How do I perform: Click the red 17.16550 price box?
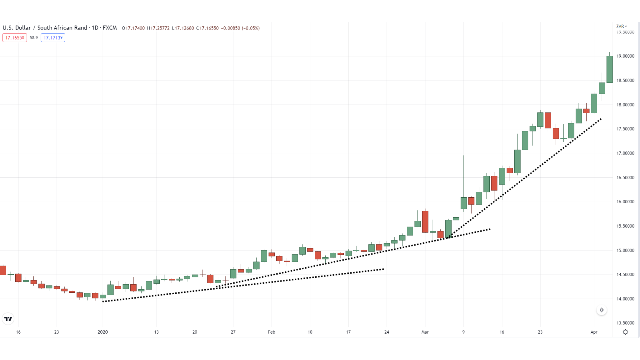coord(15,38)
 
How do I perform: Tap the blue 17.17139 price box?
coord(53,38)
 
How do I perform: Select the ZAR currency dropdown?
coord(621,26)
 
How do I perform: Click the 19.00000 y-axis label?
coord(625,56)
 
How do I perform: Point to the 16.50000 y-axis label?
coord(625,178)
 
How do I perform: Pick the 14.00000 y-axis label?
coord(625,299)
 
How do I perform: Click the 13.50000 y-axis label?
coord(625,323)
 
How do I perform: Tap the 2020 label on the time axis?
coord(103,332)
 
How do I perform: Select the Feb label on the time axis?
coord(271,332)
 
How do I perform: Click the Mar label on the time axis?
coord(425,332)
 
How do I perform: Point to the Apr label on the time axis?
coord(594,332)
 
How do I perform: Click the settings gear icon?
coord(625,332)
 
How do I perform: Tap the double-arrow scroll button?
coord(602,310)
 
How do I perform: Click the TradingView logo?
coord(8,319)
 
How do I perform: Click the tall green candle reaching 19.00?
coord(609,69)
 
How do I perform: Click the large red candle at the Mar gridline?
coord(425,222)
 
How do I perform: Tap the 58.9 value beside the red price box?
coord(34,38)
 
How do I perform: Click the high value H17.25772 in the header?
coord(158,28)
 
